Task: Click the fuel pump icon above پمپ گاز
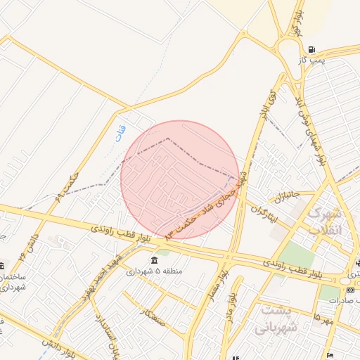click(311, 50)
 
